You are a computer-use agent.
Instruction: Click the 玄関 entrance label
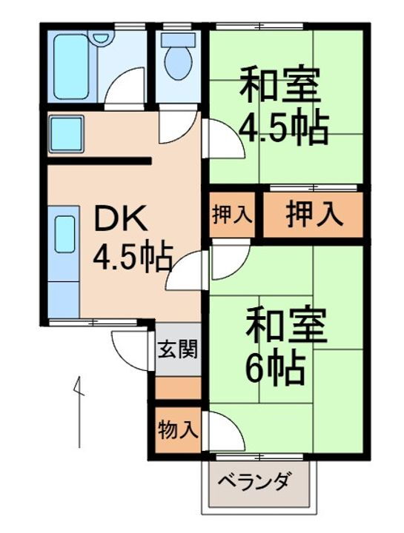[177, 349]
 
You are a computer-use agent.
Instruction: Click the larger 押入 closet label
[314, 214]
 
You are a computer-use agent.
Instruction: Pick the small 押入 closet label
[233, 215]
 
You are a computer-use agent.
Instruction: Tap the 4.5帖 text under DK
[132, 258]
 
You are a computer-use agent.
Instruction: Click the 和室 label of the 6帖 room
[285, 325]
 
